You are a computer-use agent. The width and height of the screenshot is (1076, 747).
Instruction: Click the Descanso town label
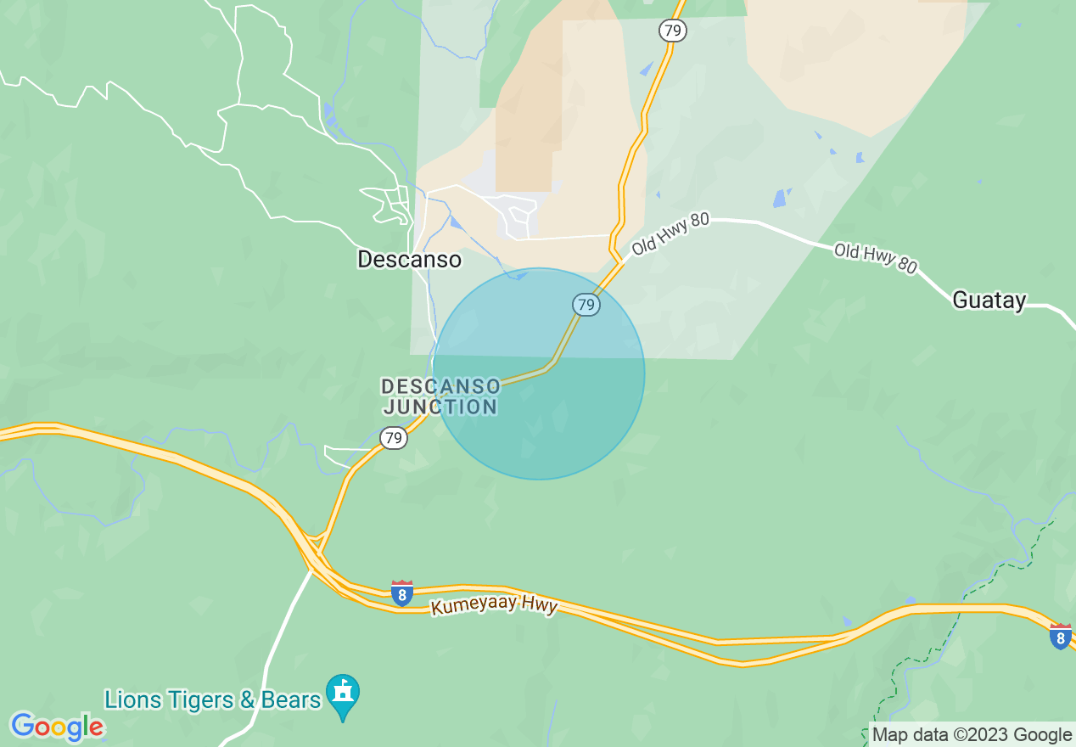[x=409, y=259]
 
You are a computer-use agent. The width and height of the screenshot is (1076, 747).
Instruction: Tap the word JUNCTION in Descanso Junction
[x=440, y=407]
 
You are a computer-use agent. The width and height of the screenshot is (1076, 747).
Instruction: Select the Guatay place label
[x=989, y=300]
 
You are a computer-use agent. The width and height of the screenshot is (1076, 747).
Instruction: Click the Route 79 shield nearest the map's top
[x=672, y=31]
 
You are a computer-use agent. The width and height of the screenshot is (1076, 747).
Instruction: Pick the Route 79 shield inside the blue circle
[x=586, y=304]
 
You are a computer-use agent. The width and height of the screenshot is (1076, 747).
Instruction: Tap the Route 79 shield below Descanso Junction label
[x=393, y=438]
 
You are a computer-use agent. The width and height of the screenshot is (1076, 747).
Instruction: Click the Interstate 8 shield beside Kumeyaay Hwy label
[x=402, y=593]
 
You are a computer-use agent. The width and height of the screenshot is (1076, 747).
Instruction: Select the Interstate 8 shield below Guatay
[x=1060, y=636]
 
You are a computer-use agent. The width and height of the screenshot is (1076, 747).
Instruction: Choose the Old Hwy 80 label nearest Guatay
[x=875, y=259]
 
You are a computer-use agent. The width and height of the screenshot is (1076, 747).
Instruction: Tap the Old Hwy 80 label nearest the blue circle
[x=670, y=234]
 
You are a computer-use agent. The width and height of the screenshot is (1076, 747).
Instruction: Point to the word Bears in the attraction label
[x=291, y=700]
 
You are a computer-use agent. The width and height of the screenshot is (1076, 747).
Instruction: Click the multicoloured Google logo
[x=58, y=727]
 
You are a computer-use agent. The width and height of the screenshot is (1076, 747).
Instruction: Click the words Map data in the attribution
[x=905, y=735]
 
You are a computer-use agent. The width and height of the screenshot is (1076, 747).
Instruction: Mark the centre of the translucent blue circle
[x=538, y=373]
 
